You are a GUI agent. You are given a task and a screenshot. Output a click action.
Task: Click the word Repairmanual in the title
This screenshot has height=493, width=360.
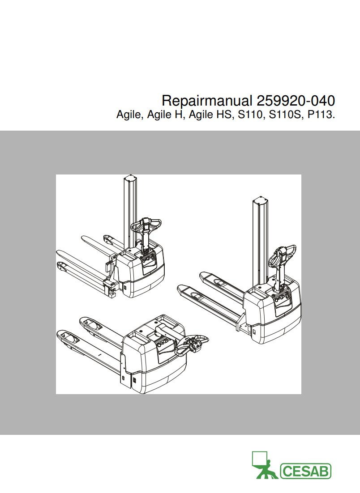coord(207,100)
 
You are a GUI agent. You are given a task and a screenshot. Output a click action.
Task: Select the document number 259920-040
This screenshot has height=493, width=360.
coord(296,100)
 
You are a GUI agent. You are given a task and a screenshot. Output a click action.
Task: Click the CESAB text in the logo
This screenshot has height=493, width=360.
coord(306,471)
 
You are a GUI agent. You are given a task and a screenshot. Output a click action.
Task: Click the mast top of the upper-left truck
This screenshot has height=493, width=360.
coord(129,178)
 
